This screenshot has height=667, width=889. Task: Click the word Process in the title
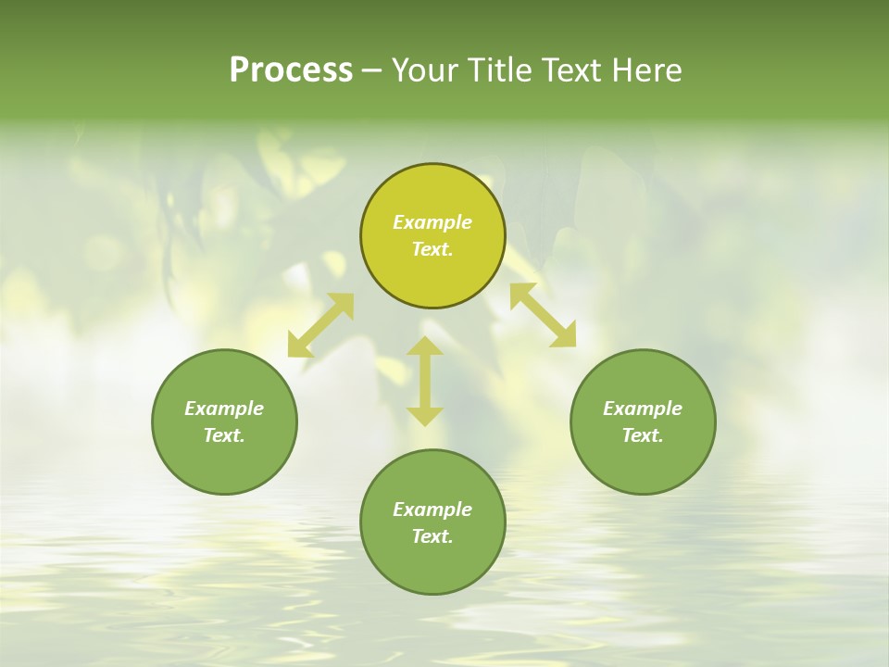click(291, 70)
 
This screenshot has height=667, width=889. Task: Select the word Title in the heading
click(505, 70)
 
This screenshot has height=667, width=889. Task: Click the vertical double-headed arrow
click(425, 382)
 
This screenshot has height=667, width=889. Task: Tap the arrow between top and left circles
click(320, 325)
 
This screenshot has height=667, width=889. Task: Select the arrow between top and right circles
click(543, 315)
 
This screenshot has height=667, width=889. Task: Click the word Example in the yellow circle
click(432, 222)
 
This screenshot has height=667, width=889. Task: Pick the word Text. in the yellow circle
click(432, 249)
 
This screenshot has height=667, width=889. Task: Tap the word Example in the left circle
click(224, 409)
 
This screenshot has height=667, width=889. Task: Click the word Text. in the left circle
click(224, 435)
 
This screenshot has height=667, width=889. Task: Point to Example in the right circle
click(643, 409)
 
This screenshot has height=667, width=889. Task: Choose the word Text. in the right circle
click(643, 435)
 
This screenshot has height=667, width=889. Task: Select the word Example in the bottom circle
click(432, 510)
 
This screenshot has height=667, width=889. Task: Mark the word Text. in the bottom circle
click(432, 536)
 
